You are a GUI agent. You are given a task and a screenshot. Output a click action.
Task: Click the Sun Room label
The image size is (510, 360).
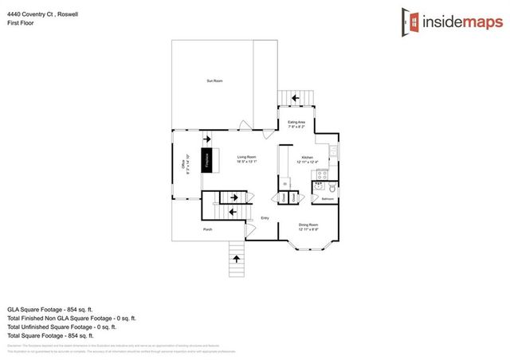[214, 81]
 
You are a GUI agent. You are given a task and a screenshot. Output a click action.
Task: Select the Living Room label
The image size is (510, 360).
[246, 157]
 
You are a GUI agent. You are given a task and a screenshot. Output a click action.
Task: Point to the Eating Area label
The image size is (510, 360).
[296, 122]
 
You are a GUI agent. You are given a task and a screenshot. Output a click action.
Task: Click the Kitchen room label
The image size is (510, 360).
[307, 158]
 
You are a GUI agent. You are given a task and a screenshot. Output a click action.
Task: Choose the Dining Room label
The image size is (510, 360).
[308, 225]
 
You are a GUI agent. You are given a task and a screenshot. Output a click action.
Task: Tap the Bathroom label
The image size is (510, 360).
[327, 199]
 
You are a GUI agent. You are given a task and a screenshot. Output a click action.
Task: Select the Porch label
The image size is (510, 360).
[207, 229]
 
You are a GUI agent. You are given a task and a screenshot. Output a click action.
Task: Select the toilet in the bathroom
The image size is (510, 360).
[328, 187]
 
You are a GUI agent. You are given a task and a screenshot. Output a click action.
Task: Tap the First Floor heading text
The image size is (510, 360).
[21, 23]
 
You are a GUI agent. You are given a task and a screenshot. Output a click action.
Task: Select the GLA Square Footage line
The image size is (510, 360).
[50, 307]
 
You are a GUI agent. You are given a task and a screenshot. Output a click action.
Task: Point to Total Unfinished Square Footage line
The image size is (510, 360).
[61, 326]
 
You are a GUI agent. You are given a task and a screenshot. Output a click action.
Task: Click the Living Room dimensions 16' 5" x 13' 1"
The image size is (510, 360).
[246, 162]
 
